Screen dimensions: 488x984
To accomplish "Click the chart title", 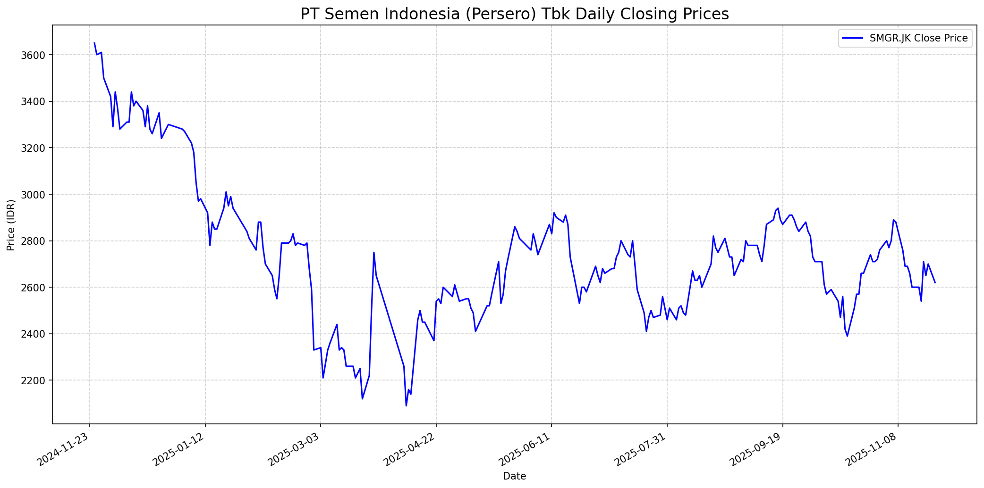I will click(x=514, y=14).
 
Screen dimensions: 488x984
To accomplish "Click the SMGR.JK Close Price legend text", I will click(x=918, y=38).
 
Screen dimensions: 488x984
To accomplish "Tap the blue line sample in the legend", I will click(x=853, y=38).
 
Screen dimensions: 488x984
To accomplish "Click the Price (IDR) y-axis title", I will click(x=11, y=224).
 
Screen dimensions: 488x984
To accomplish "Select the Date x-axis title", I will click(x=514, y=476).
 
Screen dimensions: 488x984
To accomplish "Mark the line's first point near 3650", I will click(x=94, y=43).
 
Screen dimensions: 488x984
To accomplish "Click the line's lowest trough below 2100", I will click(x=406, y=405).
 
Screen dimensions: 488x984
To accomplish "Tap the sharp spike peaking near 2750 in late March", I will click(x=374, y=252).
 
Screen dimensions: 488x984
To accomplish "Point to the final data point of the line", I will click(x=935, y=283).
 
